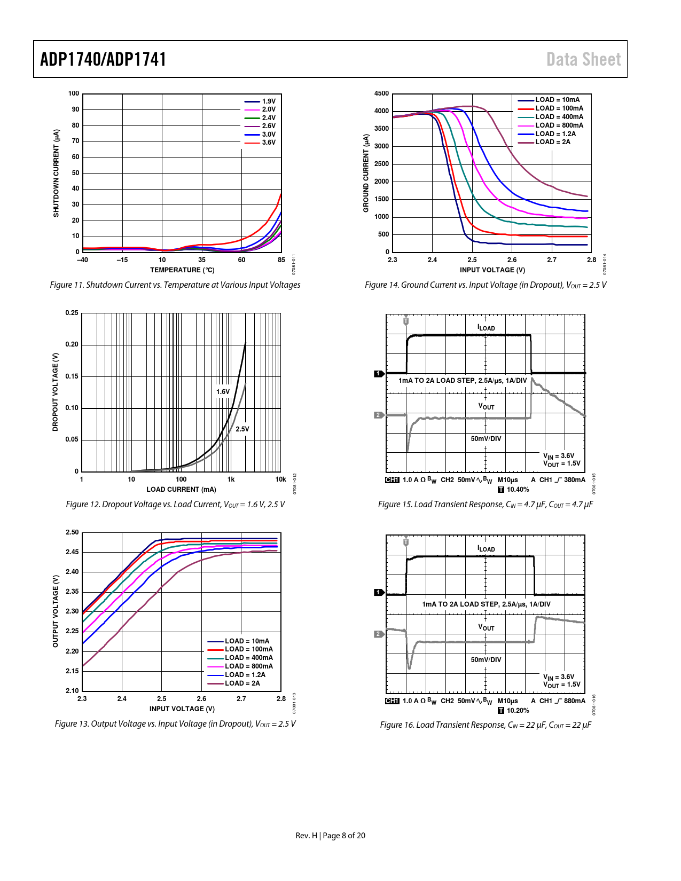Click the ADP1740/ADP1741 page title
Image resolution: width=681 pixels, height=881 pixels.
[x=103, y=59]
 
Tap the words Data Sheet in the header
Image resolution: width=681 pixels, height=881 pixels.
[x=583, y=59]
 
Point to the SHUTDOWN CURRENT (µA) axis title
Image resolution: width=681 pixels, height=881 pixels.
[x=56, y=173]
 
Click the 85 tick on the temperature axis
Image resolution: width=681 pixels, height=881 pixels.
[x=281, y=260]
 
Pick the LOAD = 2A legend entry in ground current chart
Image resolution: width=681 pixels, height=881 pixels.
[x=552, y=142]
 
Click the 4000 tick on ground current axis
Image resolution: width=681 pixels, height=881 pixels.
[x=381, y=111]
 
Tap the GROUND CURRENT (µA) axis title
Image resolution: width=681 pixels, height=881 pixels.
[x=366, y=173]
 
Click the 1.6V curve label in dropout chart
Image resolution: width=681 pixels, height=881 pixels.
[x=223, y=392]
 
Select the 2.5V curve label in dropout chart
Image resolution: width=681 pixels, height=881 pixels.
[x=242, y=429]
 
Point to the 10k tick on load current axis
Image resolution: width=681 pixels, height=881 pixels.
[x=280, y=479]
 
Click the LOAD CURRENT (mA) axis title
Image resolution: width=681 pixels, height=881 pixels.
[x=181, y=490]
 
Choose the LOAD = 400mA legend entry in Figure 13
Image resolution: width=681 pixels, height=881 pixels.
[x=248, y=658]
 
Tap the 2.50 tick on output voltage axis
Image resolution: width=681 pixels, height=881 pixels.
[x=72, y=532]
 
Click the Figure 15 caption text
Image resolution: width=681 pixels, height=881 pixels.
[x=485, y=505]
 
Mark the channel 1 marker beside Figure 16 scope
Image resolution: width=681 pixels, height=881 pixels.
[x=378, y=592]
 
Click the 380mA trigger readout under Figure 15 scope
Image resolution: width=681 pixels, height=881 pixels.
[x=574, y=480]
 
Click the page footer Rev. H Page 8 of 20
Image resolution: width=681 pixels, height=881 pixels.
[x=330, y=836]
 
